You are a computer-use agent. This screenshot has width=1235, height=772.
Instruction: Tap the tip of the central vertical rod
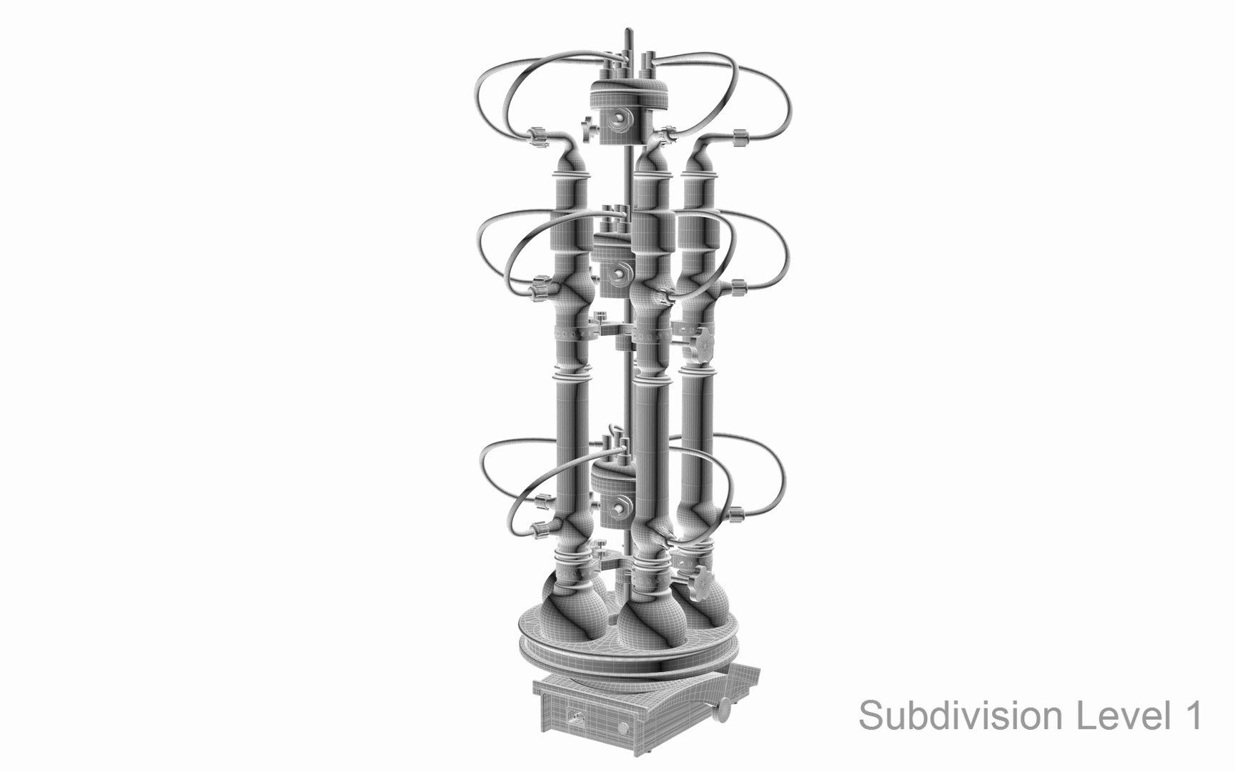[627, 32]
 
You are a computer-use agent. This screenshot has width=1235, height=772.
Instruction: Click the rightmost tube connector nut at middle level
[736, 290]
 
